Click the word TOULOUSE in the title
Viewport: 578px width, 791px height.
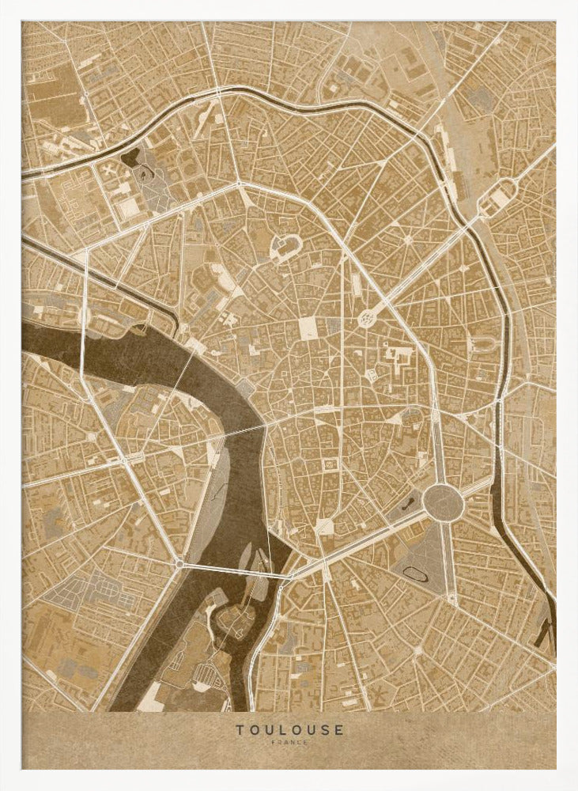289,729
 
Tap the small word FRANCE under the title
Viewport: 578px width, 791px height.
289,743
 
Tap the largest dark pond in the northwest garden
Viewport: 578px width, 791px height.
129,158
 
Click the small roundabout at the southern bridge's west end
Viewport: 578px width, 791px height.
180,563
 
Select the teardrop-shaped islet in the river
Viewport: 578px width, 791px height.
249,554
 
